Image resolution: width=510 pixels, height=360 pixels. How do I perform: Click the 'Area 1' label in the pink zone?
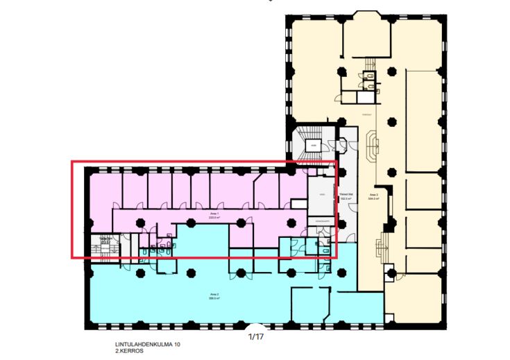(x=214, y=214)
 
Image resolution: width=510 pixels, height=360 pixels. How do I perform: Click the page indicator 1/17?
(x=257, y=337)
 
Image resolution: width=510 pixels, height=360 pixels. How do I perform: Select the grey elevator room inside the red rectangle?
(x=321, y=198)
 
